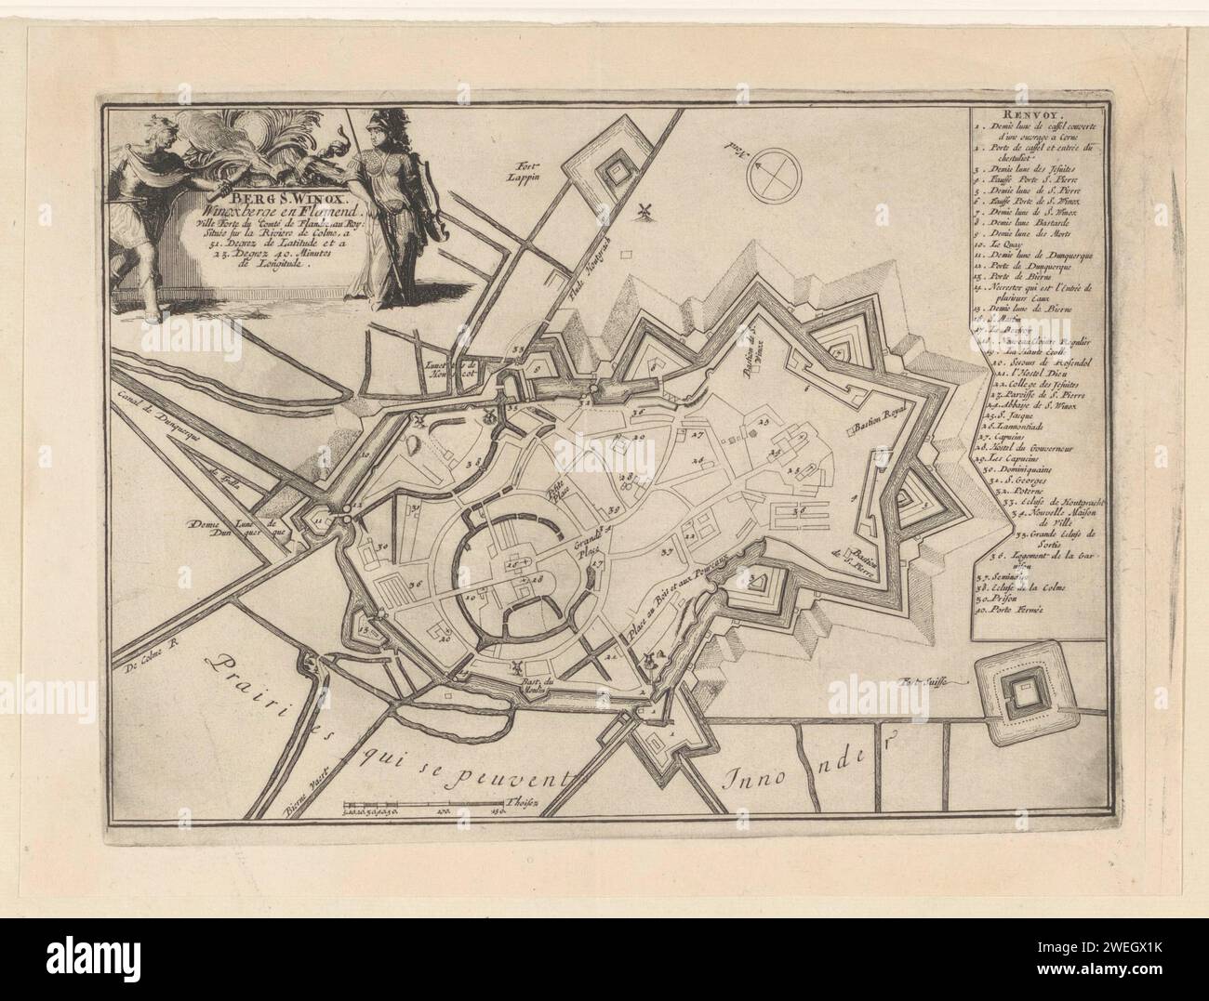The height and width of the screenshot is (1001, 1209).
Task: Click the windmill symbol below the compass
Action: coord(640,211)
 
